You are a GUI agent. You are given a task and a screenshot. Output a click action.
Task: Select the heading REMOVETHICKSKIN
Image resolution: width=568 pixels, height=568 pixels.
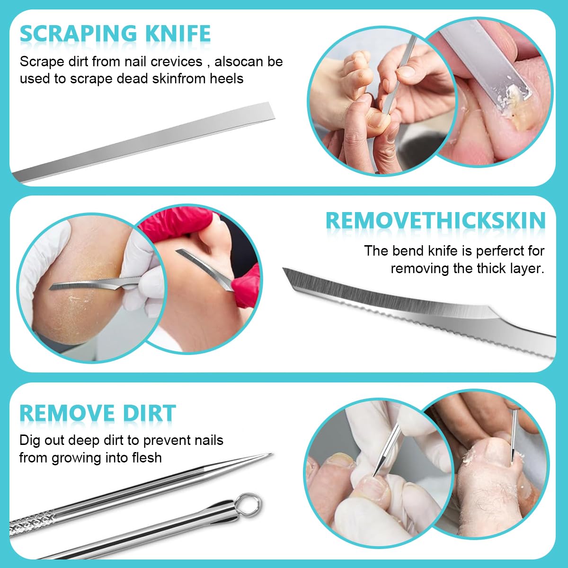tap(435, 221)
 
